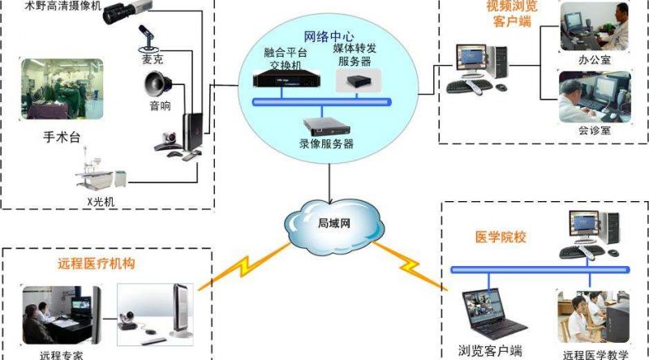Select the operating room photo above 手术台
tap(62, 89)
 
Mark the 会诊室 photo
tap(595, 96)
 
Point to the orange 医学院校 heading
tap(501, 238)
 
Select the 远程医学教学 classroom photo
tap(594, 316)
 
